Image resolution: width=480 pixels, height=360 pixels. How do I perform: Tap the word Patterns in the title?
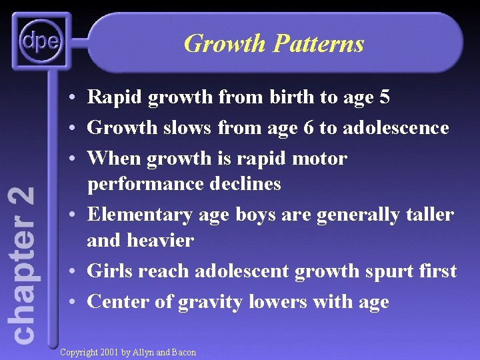(319, 44)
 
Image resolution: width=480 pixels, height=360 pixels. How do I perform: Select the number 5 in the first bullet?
(383, 98)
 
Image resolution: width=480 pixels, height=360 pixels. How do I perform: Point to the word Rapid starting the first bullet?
(114, 98)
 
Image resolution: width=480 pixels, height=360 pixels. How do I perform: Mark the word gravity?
(210, 303)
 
